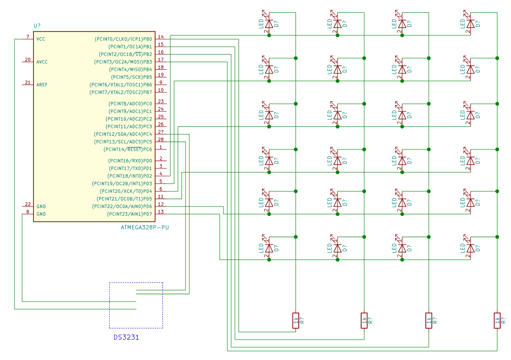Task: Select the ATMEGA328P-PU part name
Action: click(145, 227)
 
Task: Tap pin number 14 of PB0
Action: click(161, 37)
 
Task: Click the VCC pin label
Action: click(41, 39)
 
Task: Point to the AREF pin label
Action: click(42, 85)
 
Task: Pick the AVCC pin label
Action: click(42, 62)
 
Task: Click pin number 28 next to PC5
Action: click(161, 139)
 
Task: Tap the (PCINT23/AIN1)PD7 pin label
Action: click(129, 214)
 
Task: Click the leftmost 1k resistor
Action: click(296, 320)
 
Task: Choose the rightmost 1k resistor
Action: click(497, 320)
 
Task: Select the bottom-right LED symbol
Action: click(471, 248)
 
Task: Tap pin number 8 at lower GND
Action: click(28, 212)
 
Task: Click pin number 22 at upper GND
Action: click(28, 204)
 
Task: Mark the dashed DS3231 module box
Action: click(136, 305)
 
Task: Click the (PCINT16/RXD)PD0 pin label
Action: click(130, 161)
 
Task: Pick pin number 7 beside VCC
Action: click(28, 37)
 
